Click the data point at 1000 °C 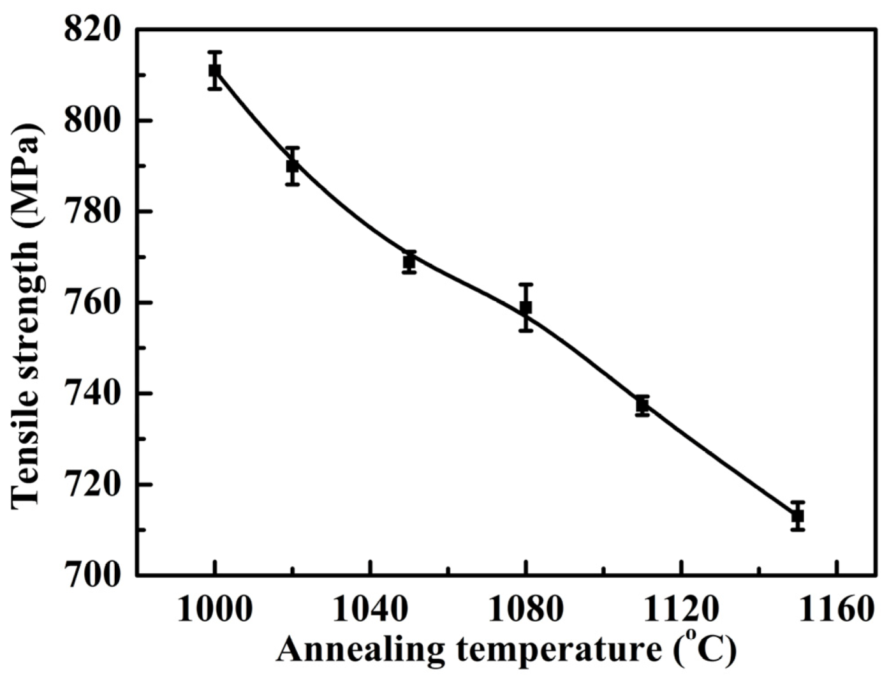tap(215, 70)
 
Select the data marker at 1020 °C tap(293, 166)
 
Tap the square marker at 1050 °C tap(409, 261)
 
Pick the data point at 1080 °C tap(525, 308)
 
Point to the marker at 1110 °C tap(642, 405)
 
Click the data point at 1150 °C tap(797, 516)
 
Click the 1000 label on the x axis tap(215, 610)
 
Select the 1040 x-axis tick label tap(371, 610)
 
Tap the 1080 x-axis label tap(525, 610)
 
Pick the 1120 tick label tap(681, 610)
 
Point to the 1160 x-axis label tap(836, 610)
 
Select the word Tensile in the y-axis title tap(26, 453)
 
